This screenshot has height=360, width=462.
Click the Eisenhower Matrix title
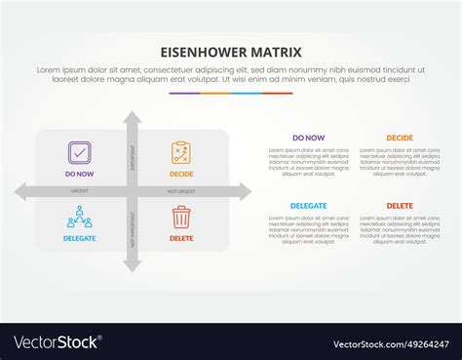coord(230,52)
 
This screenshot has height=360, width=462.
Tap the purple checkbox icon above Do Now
coord(79,152)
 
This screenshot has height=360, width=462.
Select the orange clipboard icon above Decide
coord(181,152)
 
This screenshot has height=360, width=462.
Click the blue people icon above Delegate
coord(79,217)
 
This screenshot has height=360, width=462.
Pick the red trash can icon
coord(181,217)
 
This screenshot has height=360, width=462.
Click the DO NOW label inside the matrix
coord(79,174)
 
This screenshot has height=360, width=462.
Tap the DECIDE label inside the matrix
coord(181,174)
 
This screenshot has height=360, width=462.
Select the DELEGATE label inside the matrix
coord(79,238)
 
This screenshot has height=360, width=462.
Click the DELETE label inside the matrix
coord(181,238)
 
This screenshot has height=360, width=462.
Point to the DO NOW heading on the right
coord(309,139)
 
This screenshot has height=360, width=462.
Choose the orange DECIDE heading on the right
coord(399,139)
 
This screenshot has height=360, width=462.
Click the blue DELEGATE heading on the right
coord(309,206)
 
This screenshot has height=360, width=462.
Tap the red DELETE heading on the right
coord(399,206)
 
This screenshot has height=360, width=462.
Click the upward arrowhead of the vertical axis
coord(133,117)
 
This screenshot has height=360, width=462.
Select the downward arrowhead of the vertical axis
coord(133,266)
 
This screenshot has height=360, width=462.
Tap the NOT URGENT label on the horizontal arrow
coord(181,191)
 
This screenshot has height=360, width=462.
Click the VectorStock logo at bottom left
coord(58,342)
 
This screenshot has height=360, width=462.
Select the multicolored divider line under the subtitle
coord(230,94)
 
